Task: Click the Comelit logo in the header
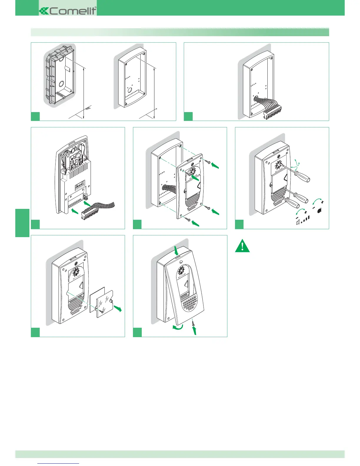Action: click(68, 11)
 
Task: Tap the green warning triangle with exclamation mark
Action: click(242, 246)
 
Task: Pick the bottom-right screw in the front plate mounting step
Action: click(208, 208)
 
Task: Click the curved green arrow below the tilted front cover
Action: click(178, 327)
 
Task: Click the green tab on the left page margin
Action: click(22, 223)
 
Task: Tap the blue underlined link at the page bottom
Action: click(59, 463)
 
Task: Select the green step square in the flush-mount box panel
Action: click(35, 116)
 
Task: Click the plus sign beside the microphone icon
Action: click(323, 202)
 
